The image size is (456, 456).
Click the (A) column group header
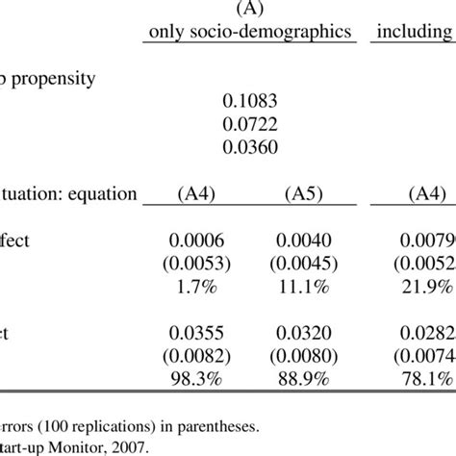click(249, 11)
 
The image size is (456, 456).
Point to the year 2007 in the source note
click(133, 446)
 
